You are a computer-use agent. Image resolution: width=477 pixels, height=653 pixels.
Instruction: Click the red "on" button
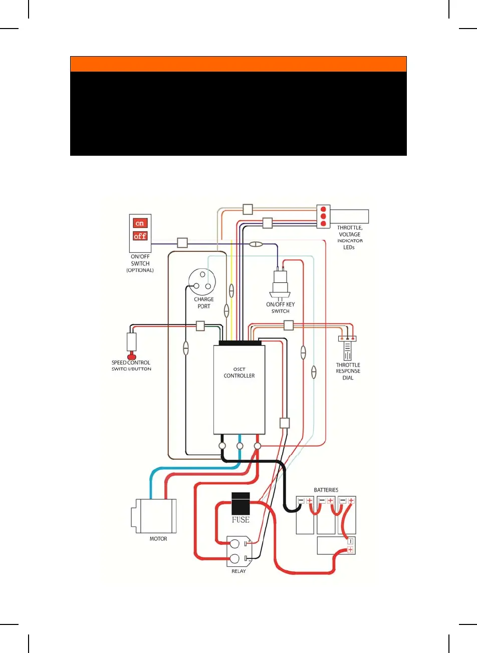point(140,223)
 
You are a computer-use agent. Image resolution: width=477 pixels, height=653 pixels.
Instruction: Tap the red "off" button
point(140,236)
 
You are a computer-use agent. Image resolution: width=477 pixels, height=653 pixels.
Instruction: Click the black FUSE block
point(241,504)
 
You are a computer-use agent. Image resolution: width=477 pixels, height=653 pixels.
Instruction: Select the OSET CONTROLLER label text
point(239,373)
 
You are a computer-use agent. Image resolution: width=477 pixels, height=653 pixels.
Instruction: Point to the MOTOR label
point(158,539)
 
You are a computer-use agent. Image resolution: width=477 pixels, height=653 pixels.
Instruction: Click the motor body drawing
point(155,516)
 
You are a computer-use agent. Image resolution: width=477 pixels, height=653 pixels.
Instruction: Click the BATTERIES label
point(326,490)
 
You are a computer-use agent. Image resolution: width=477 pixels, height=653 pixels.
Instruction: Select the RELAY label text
point(238,571)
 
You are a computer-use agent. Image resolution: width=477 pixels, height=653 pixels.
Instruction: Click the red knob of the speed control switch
point(132,356)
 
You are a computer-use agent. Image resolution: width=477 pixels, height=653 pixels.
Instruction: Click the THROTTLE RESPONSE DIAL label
point(348,372)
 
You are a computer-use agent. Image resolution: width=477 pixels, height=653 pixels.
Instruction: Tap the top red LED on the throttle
point(323,210)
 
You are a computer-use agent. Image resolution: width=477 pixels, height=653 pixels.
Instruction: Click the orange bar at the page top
point(238,64)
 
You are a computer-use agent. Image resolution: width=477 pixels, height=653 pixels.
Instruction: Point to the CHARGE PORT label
point(204,303)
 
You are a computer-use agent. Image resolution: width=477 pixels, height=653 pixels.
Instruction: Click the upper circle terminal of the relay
point(234,543)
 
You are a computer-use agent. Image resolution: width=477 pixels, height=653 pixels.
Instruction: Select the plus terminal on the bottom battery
point(350,550)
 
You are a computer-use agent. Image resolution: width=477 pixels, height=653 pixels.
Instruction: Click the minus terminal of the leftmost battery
point(301,501)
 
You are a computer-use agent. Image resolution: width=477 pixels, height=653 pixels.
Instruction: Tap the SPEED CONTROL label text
point(131,363)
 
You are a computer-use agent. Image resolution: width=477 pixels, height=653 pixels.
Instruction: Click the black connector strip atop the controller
point(240,343)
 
